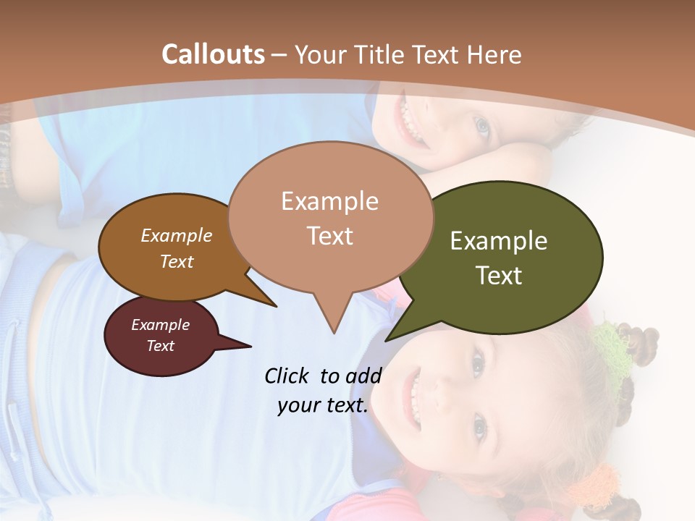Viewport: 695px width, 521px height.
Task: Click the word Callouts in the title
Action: [213, 54]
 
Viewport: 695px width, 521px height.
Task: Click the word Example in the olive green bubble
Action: [499, 241]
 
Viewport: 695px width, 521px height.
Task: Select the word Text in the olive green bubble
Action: [499, 276]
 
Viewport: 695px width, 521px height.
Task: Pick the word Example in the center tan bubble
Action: [329, 201]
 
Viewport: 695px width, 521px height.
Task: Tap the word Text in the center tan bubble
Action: [329, 236]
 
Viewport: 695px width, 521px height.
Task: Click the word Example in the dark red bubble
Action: [160, 325]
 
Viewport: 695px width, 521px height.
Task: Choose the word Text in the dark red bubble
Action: [160, 346]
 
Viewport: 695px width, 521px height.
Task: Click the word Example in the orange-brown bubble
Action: [176, 235]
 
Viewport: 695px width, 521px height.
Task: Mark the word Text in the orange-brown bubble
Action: [176, 261]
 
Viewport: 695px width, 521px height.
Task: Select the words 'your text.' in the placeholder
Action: [322, 406]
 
